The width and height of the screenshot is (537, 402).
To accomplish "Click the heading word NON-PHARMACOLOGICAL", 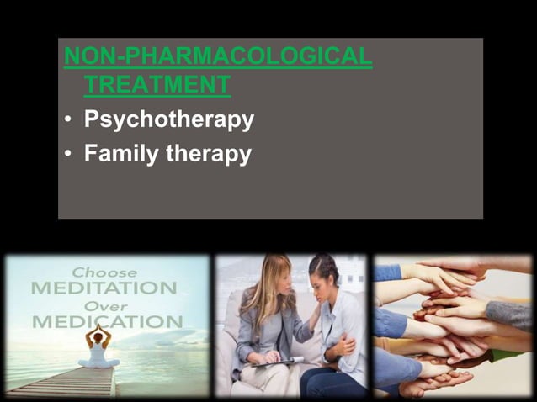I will pyautogui.click(x=218, y=57).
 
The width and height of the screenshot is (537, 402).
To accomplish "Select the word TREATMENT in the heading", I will pyautogui.click(x=157, y=85).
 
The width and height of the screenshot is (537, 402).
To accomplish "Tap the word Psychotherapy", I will pyautogui.click(x=168, y=120).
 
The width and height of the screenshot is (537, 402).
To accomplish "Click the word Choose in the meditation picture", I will pyautogui.click(x=104, y=272).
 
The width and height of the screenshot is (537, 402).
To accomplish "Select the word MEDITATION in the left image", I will pyautogui.click(x=104, y=288).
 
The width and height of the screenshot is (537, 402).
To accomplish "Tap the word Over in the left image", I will pyautogui.click(x=104, y=304).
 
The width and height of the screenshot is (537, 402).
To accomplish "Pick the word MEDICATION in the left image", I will pyautogui.click(x=107, y=321).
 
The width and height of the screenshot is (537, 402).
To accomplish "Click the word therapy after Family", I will pyautogui.click(x=210, y=155).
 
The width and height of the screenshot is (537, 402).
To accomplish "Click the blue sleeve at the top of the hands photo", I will pyautogui.click(x=388, y=272).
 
